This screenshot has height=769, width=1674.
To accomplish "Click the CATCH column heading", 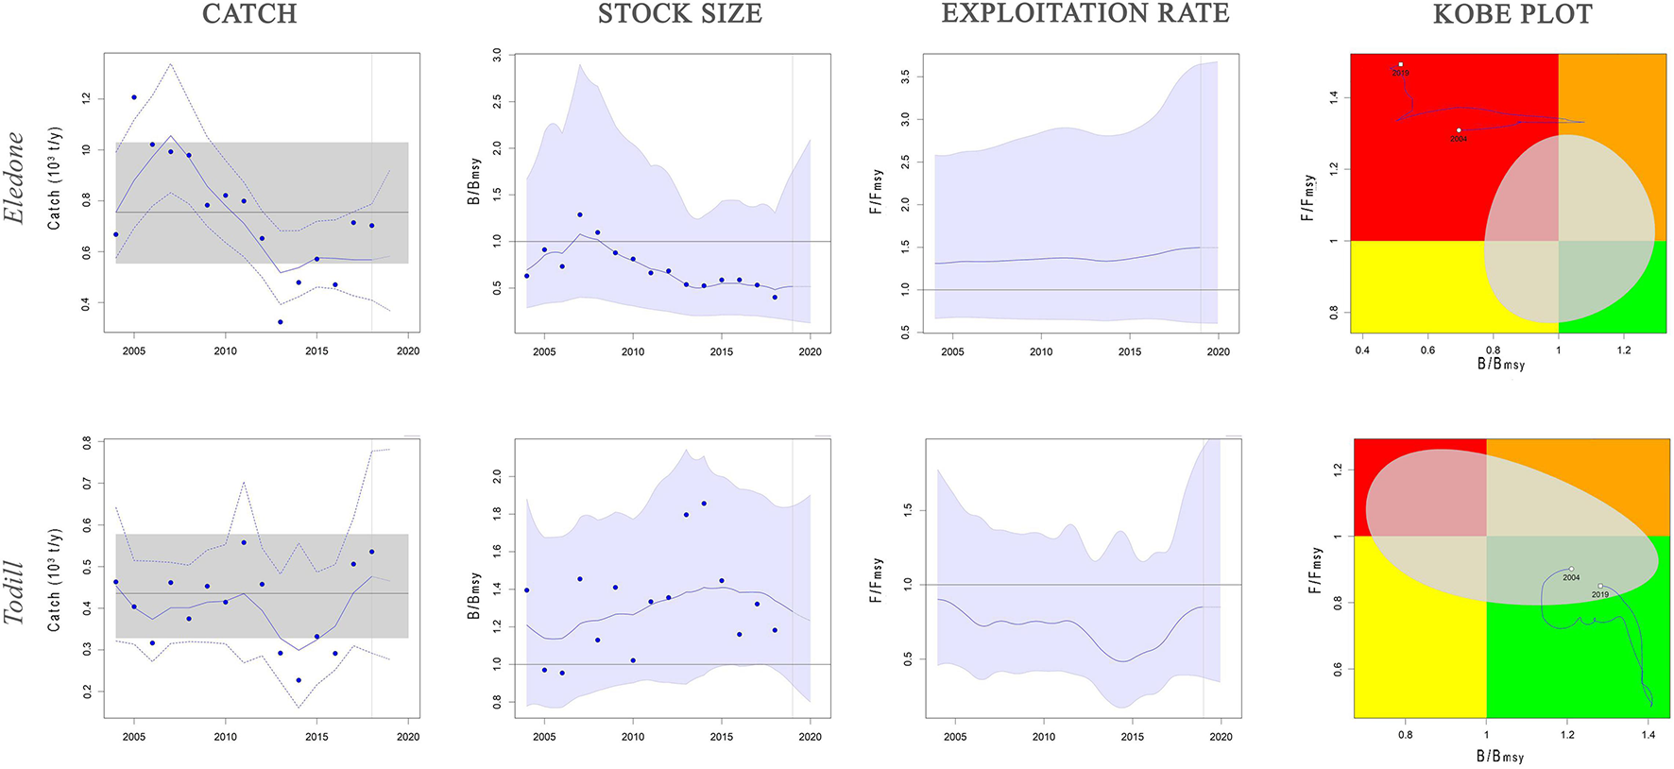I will tap(249, 14).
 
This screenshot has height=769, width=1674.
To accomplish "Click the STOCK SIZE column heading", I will tap(679, 14).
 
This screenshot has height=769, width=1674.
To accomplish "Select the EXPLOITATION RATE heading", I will tap(1085, 13).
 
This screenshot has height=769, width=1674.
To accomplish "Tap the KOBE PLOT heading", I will tap(1512, 14).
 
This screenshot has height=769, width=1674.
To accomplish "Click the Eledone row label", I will tap(14, 177).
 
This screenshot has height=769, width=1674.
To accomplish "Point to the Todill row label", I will tap(14, 592).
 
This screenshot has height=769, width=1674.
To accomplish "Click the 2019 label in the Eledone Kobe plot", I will tap(1400, 73).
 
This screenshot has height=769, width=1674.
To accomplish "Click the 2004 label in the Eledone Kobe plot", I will tap(1459, 139).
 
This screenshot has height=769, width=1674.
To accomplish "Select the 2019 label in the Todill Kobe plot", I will tap(1599, 594).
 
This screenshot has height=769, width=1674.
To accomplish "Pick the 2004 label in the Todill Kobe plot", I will tap(1571, 577).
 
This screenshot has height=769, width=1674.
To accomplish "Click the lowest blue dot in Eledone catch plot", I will tap(280, 322).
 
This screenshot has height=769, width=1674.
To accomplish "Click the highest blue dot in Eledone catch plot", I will tap(134, 97).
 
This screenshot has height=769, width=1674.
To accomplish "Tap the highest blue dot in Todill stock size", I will tap(704, 504).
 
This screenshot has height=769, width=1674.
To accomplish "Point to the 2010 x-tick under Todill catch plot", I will tap(225, 737).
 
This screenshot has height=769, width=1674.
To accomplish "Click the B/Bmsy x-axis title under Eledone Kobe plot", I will tap(1501, 364).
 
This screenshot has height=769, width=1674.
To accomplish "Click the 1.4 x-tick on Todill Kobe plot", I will tap(1648, 735).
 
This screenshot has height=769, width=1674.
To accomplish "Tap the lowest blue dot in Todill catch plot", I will tap(299, 680).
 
